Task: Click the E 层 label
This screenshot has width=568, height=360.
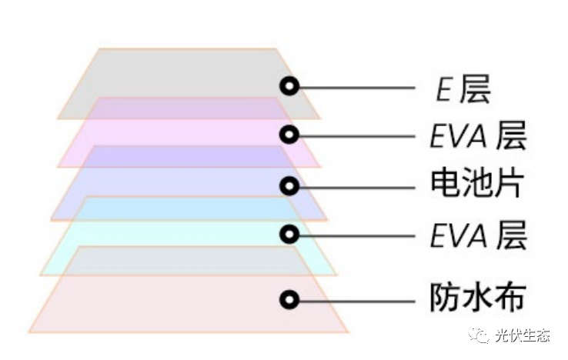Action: [463, 90]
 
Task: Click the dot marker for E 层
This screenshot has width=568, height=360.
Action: [289, 86]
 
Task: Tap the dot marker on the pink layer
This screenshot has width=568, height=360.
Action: [289, 135]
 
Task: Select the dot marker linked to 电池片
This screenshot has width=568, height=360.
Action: [289, 185]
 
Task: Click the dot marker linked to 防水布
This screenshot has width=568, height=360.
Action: [289, 299]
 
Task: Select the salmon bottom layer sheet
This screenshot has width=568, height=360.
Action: [154, 304]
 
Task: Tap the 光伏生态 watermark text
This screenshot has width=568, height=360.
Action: [523, 335]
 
